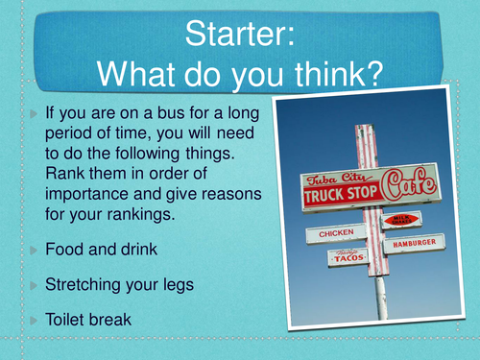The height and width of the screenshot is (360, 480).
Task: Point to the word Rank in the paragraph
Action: (65, 173)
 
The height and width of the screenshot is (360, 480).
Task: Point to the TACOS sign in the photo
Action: (349, 257)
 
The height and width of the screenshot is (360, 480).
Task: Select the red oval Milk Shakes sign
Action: (401, 220)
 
